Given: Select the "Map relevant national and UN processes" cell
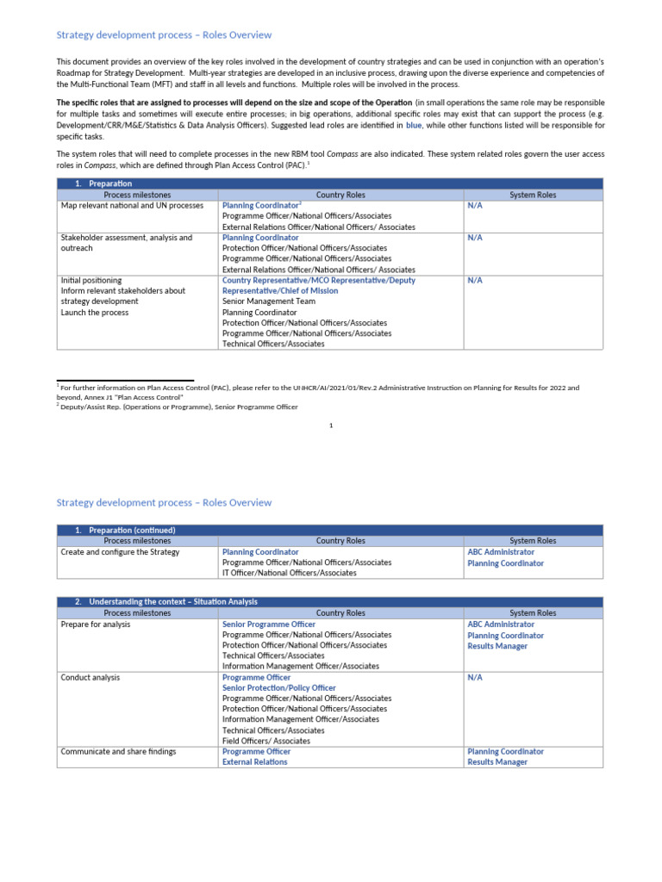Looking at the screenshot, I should (132, 206).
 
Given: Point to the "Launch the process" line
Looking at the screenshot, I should (95, 313).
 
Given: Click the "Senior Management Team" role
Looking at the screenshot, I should (269, 301).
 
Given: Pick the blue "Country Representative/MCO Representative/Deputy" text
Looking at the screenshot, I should (318, 280).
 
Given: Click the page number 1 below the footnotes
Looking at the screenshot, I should (331, 425).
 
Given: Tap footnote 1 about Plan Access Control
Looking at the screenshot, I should (319, 388).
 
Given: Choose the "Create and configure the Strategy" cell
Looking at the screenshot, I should (120, 552).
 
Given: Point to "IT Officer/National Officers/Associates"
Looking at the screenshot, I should (289, 573).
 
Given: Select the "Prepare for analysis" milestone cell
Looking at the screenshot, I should (96, 624).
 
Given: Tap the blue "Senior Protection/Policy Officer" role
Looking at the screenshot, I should (279, 688).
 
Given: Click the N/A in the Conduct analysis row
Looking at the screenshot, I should (475, 678).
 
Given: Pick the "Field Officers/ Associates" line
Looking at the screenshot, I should (266, 741).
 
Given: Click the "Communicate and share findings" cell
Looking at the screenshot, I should (118, 752).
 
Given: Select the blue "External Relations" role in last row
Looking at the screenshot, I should (255, 762).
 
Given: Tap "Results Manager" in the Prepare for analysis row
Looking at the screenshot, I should (497, 646).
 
